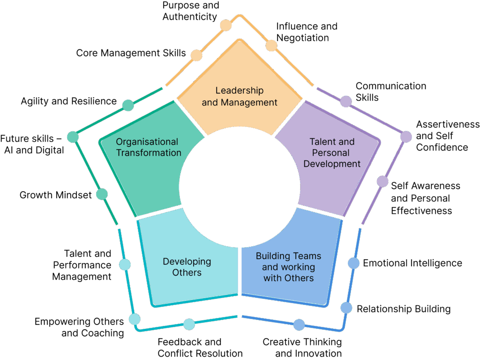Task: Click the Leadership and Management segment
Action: coord(240,96)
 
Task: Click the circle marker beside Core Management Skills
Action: coord(196,55)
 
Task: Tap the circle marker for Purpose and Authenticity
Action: coord(226,25)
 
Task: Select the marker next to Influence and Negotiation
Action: coord(271,45)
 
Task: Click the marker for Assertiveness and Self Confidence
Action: coord(405,136)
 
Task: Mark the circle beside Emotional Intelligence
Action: coord(353,263)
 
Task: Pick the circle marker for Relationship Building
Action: coord(346,307)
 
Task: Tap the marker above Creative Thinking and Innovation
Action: coord(299,324)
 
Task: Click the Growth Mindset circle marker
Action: coord(102,194)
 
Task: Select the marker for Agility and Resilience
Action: coord(128,105)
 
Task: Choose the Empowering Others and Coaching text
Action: coord(79,327)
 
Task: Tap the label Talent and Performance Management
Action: coord(82,265)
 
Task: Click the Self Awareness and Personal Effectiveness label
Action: coord(425,198)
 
